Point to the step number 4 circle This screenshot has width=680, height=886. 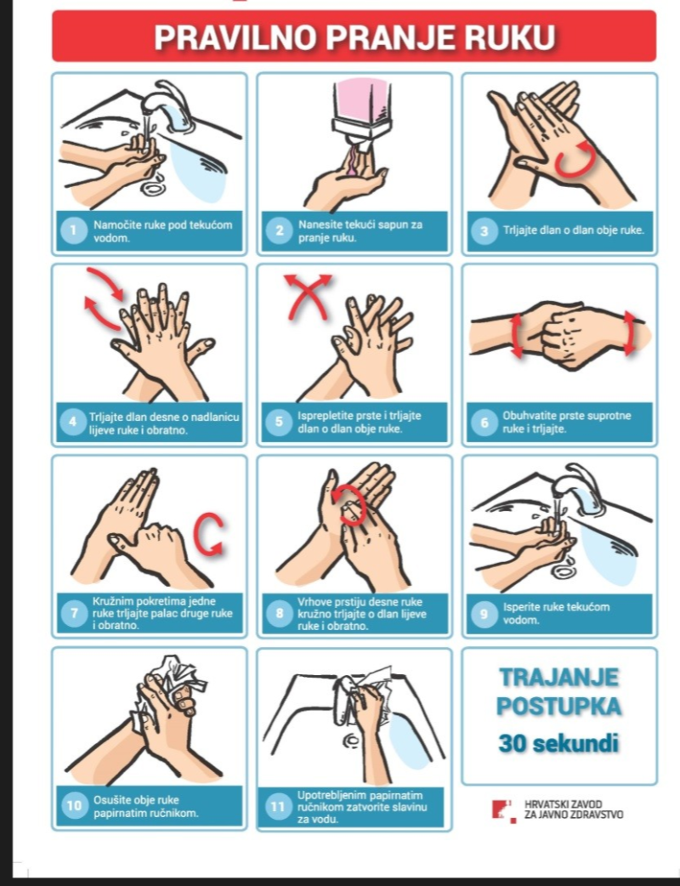[x=73, y=422]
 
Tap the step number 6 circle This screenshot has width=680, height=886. [x=484, y=423]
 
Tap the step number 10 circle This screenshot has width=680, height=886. [x=74, y=805]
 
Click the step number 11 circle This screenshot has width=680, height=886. [x=278, y=807]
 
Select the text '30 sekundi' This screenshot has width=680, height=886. [x=558, y=743]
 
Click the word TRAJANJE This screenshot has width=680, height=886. [x=558, y=677]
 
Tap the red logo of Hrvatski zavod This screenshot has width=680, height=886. [x=503, y=811]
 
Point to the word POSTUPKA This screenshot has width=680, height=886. [x=558, y=707]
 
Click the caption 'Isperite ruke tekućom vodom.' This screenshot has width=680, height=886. [x=556, y=613]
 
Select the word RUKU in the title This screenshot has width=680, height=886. [x=513, y=37]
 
